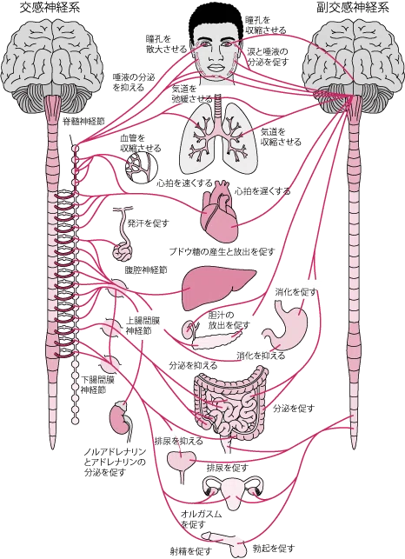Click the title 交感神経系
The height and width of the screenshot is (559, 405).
tap(50, 8)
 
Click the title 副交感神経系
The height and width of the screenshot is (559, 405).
tap(353, 8)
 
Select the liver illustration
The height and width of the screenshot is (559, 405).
tap(218, 288)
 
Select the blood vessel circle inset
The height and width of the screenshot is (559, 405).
tap(141, 168)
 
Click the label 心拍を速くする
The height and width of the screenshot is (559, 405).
tap(184, 183)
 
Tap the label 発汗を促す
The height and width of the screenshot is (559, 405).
tap(148, 223)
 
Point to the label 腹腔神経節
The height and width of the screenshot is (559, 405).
tap(145, 270)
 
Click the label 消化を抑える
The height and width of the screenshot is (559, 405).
tap(261, 356)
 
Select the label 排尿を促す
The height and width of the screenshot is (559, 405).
tap(227, 468)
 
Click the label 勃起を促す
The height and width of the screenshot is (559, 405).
tap(274, 548)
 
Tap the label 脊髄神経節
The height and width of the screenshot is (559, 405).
tap(83, 121)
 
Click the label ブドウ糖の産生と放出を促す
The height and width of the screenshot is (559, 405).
tap(222, 252)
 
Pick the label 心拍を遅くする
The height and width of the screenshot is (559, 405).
tap(262, 191)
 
